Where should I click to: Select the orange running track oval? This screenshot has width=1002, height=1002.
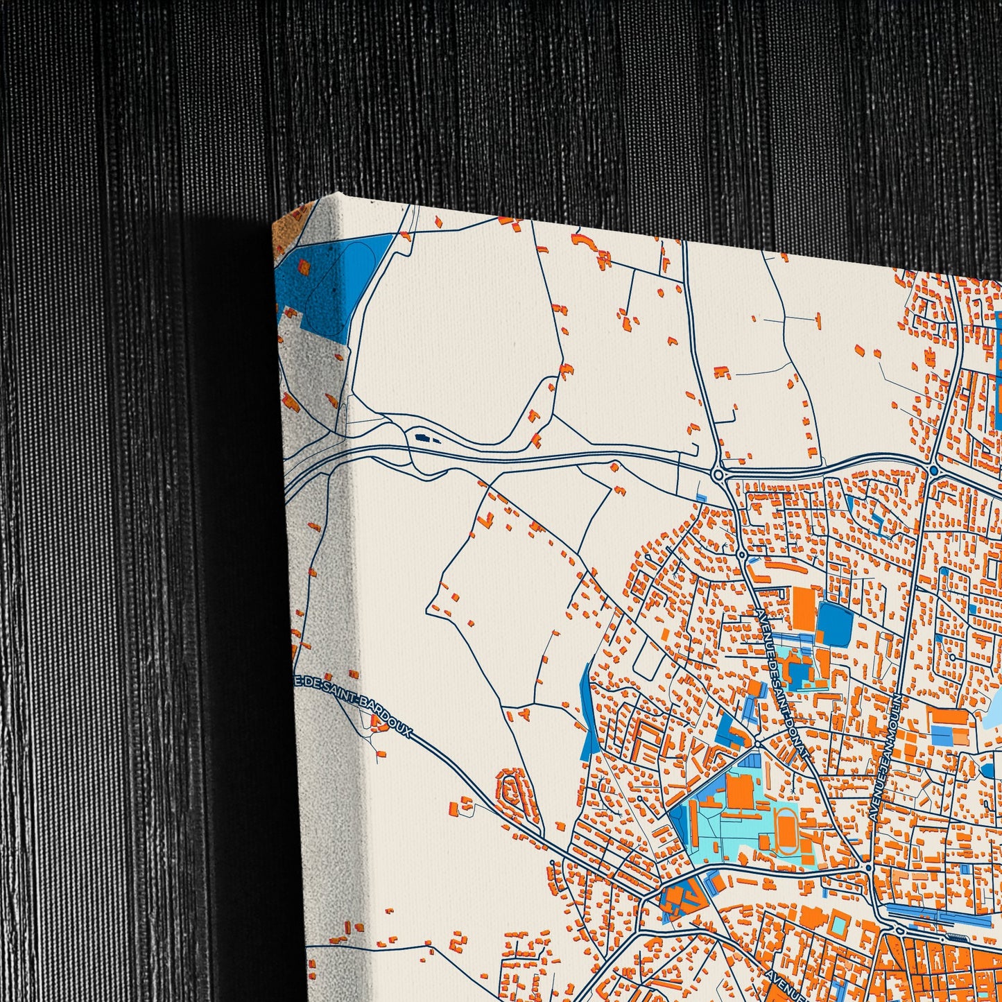[786, 828]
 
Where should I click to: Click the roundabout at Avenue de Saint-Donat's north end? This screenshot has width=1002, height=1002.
[718, 474]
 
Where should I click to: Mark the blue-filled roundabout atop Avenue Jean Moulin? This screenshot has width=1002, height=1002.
[933, 471]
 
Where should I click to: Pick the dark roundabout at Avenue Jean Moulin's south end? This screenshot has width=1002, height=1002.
[867, 867]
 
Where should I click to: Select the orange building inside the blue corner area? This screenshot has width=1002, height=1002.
[303, 266]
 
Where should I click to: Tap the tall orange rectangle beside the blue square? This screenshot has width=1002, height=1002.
[804, 610]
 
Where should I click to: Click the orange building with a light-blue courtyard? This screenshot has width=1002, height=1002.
[838, 923]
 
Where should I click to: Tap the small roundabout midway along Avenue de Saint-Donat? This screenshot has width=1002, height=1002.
[741, 555]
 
